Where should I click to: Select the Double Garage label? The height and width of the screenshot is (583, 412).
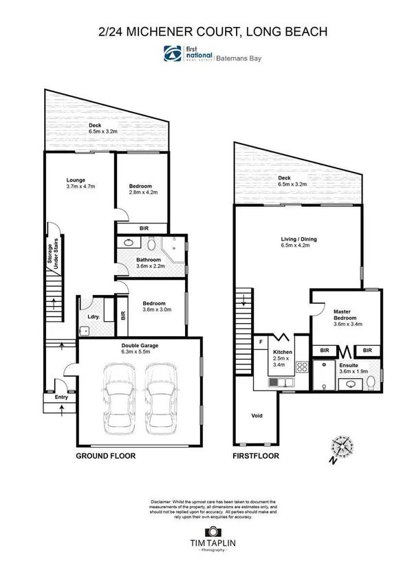pos(140,345)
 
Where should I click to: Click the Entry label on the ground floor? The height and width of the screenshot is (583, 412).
pos(52,397)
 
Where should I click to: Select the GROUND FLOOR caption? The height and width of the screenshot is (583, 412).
pos(105,456)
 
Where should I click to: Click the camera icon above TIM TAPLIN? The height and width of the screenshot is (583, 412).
pos(212,532)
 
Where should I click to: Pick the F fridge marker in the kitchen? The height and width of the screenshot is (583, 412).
pos(261,341)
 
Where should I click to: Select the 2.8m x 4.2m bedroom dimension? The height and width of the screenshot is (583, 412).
pos(144,193)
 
